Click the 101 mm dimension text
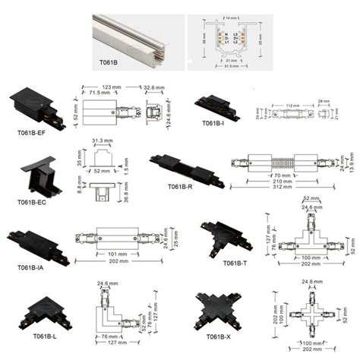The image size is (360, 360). pyautogui.click(x=106, y=254)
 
